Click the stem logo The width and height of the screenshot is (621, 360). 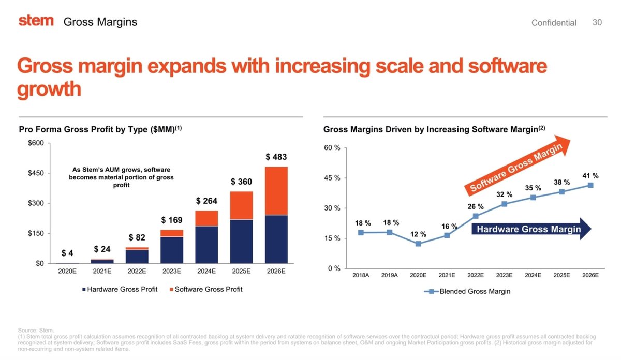[36, 21]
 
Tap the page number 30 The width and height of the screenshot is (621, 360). [597, 22]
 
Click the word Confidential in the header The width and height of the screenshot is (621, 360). [554, 23]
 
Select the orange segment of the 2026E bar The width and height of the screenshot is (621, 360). [276, 190]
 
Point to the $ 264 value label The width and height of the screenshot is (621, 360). [206, 201]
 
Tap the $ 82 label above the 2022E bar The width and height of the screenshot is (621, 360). [137, 237]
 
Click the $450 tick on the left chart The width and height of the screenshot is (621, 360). [36, 173]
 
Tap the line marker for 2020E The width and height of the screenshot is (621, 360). [418, 244]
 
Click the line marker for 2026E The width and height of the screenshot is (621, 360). [590, 185]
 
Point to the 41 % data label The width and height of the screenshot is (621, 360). [590, 175]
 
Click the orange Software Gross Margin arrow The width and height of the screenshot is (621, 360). [517, 166]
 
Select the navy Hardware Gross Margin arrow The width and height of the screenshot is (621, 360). [530, 229]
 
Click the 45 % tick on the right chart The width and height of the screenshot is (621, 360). [332, 178]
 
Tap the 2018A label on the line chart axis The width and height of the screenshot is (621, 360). [361, 275]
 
